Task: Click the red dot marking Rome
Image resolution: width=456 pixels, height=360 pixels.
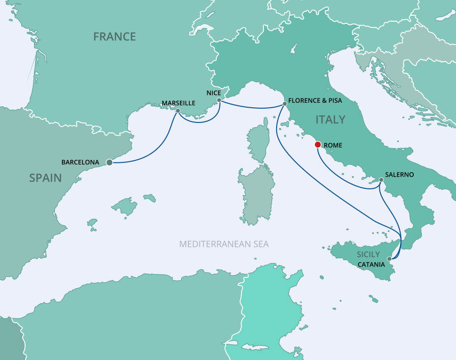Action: point(318,145)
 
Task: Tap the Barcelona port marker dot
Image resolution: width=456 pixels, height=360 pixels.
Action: point(109,162)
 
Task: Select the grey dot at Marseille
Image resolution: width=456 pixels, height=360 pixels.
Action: point(177,111)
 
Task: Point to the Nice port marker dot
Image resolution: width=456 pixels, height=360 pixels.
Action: point(219,101)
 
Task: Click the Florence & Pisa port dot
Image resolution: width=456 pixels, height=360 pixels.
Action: point(284,104)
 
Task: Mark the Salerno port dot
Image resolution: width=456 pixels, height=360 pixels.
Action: point(381,180)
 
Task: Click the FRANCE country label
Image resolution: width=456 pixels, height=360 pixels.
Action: point(114,36)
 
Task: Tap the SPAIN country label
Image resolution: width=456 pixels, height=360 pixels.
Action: point(45,178)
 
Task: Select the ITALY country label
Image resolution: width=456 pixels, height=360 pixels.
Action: point(330,120)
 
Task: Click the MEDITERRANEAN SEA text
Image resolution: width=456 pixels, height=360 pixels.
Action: point(224,244)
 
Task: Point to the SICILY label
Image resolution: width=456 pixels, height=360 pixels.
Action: point(369,254)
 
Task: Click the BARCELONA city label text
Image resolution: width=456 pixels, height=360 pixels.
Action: point(80,162)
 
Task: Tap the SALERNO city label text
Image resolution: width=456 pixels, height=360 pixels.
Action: point(399,175)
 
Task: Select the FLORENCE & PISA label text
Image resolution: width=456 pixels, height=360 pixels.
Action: point(315,100)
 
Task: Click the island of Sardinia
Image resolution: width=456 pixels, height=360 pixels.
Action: point(256,194)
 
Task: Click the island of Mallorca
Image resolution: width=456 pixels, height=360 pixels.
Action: point(125,206)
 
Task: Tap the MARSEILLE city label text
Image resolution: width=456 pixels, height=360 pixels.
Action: point(178,103)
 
